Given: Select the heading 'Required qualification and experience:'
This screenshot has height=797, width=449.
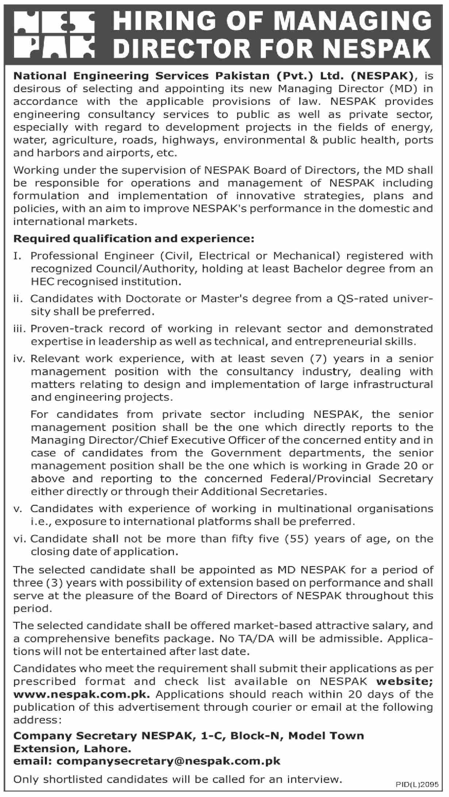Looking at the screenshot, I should [133, 239].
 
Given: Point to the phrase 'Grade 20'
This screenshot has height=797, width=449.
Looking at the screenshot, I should [397, 466].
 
